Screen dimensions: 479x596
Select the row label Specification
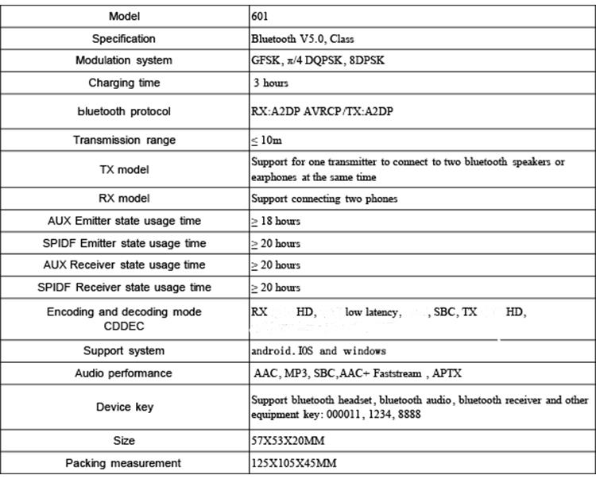pos(123,38)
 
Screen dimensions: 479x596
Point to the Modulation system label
pos(123,60)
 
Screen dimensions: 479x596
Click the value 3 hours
pos(271,83)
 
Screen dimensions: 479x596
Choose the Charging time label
pos(123,83)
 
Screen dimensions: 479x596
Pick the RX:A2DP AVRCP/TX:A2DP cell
pos(321,112)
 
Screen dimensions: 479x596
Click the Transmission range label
pos(123,140)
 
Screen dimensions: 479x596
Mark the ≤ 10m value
pos(266,141)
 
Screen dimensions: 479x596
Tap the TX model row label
pos(123,169)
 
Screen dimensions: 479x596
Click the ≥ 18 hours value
pos(276,221)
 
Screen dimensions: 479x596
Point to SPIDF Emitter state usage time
pos(123,243)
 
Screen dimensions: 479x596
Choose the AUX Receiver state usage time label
pos(123,265)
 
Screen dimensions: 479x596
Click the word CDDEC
pos(123,325)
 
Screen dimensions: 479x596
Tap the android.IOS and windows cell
pos(319,351)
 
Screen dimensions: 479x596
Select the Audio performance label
pos(123,373)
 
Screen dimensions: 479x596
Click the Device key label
pos(123,407)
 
